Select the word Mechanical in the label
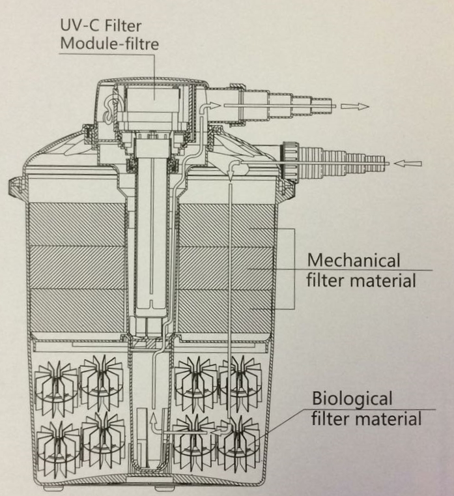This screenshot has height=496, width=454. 353,260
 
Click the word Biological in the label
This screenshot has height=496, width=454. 352,398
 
